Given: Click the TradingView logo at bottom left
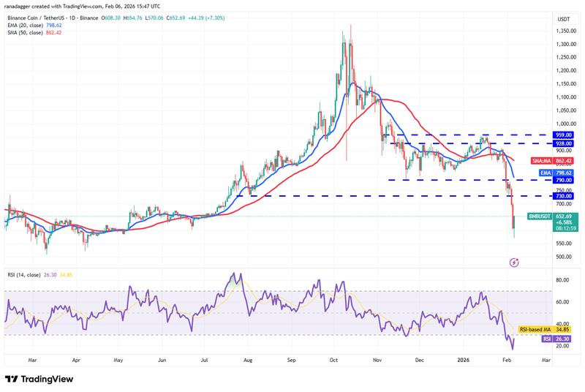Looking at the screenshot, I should [39, 379].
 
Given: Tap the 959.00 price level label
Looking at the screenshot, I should [564, 135].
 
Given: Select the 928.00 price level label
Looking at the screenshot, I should [564, 143].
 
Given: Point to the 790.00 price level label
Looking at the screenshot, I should [564, 180].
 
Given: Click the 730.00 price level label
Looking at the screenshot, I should [564, 196].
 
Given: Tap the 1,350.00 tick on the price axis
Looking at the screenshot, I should [564, 31].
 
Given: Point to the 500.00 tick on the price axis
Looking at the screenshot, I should [564, 257].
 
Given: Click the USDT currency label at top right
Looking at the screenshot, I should [564, 18].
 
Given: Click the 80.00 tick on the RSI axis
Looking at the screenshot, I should [562, 280].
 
